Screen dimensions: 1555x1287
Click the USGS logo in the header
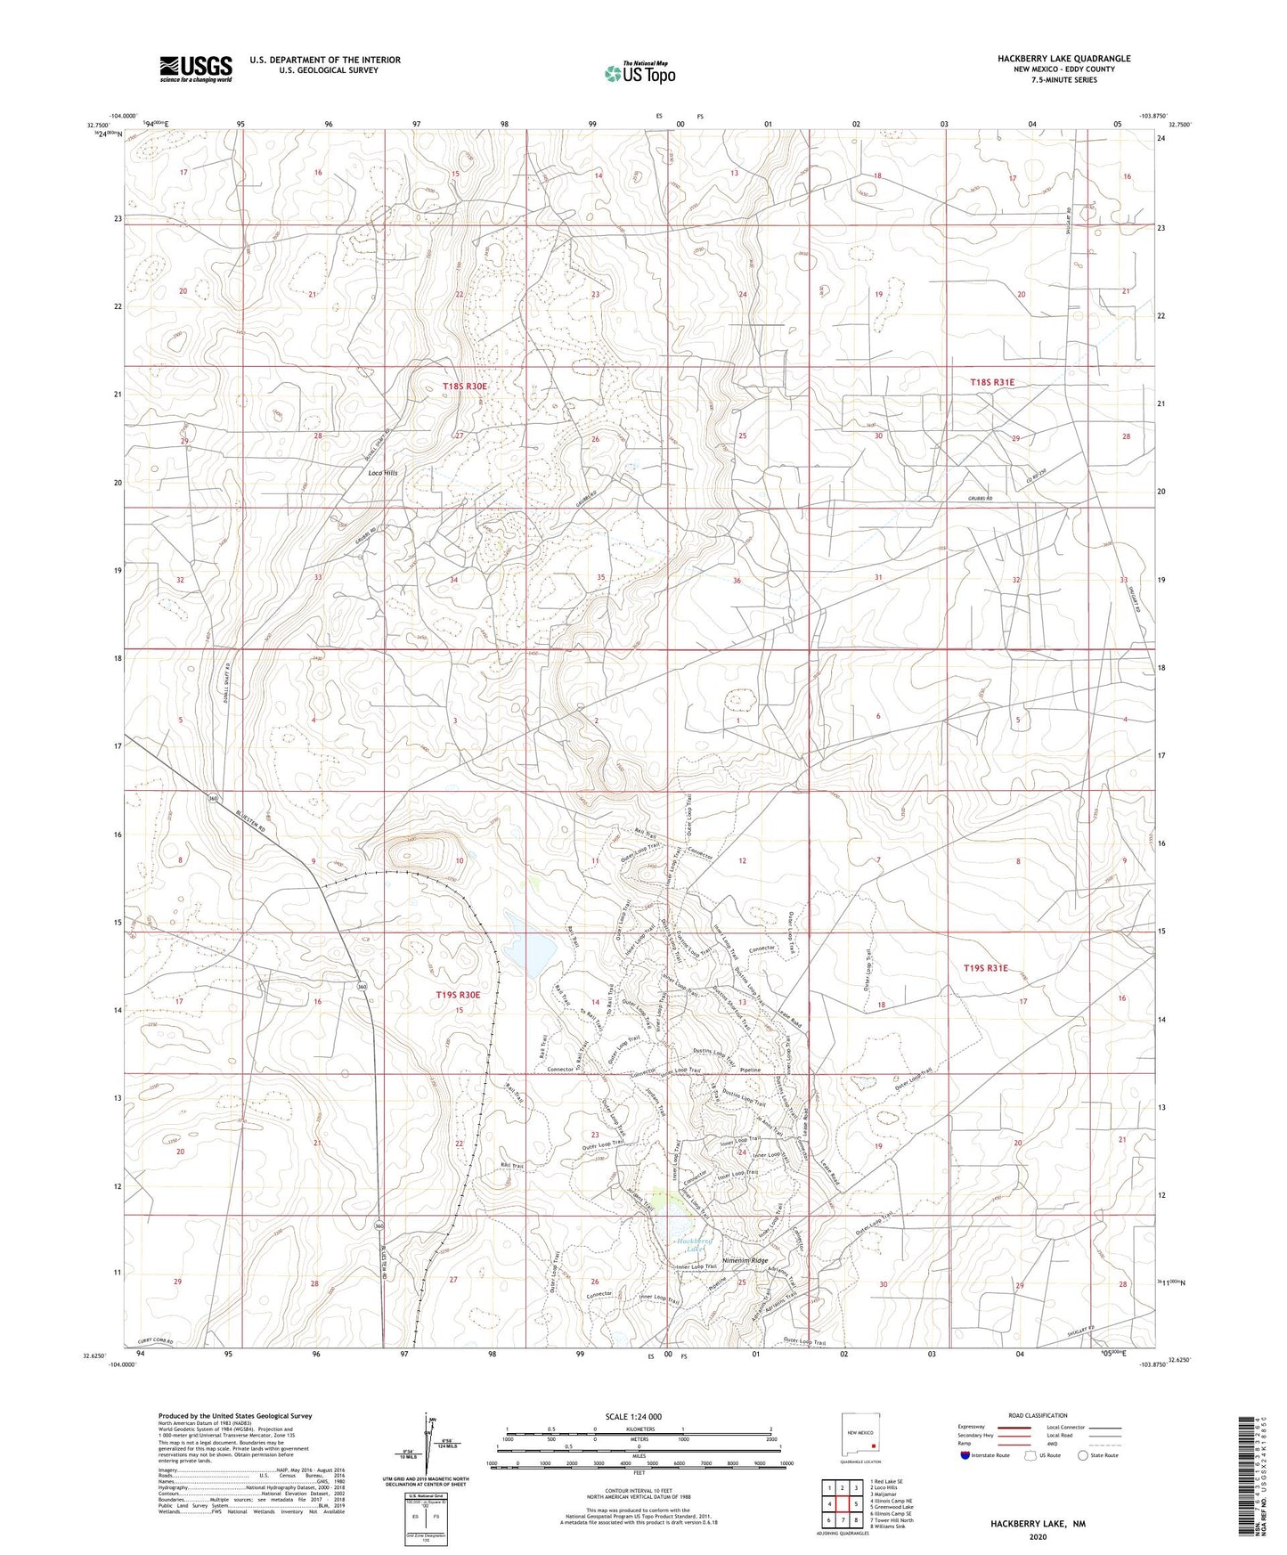click(196, 68)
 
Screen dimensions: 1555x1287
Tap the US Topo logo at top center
click(639, 73)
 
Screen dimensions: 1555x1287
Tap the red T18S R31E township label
click(992, 382)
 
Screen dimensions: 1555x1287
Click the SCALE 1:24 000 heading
click(635, 1416)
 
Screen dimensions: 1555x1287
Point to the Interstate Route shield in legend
click(967, 1480)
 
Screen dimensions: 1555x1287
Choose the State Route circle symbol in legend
click(1083, 1480)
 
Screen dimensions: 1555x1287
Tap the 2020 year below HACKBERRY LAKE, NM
click(1038, 1537)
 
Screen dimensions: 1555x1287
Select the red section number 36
click(737, 581)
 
